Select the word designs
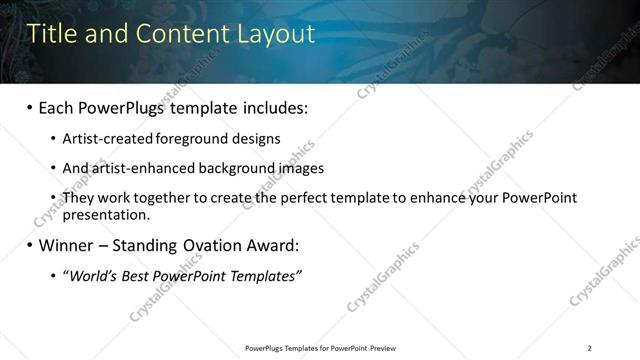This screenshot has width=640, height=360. pos(257,138)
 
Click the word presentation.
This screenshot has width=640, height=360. pos(105,214)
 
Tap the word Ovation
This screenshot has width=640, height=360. pos(227,245)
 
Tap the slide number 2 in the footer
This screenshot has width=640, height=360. pos(590,348)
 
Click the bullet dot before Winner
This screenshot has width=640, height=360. pos(29,245)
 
